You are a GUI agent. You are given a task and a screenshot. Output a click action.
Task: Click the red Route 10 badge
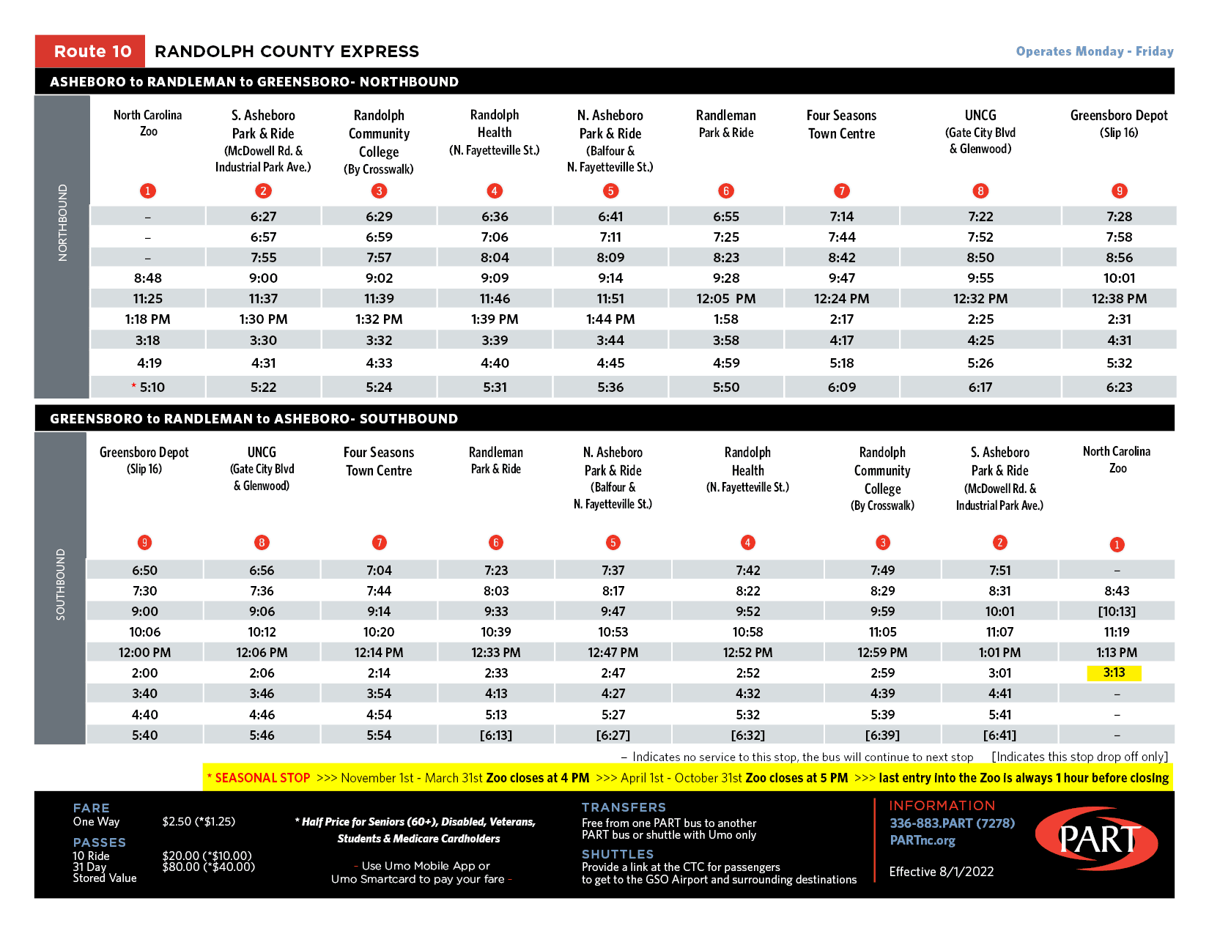point(90,51)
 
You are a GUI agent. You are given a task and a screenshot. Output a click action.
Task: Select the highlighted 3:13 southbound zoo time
point(1114,672)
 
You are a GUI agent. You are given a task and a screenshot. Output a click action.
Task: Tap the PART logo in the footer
point(1096,840)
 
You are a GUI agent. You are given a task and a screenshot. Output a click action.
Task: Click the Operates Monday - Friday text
point(1094,51)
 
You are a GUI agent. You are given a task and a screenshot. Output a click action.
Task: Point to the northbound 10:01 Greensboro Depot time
point(1119,278)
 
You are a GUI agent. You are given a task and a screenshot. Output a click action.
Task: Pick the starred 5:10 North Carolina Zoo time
point(149,387)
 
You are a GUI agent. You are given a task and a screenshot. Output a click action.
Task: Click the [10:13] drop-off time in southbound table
point(1117,612)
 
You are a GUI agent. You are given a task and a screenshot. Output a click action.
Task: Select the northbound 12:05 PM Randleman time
point(725,299)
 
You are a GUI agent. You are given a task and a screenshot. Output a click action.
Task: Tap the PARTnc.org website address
point(923,840)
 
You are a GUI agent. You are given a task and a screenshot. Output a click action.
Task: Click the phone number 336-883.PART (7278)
point(952,823)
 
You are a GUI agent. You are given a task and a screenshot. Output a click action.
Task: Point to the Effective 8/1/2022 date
point(942,872)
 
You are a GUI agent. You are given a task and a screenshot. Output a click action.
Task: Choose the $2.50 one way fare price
point(199,822)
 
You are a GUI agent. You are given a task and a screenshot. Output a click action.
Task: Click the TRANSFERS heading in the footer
point(624,807)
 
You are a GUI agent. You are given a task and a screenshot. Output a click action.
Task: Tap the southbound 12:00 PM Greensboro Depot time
point(144,653)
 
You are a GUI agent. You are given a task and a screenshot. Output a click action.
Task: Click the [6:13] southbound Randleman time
point(496,735)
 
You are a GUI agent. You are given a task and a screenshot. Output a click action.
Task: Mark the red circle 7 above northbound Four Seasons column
point(842,191)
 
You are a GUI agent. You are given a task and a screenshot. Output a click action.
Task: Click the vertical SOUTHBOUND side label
point(60,585)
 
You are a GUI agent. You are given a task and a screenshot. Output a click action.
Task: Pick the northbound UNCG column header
point(980,131)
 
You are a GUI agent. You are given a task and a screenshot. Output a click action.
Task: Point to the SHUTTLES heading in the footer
point(618,854)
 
